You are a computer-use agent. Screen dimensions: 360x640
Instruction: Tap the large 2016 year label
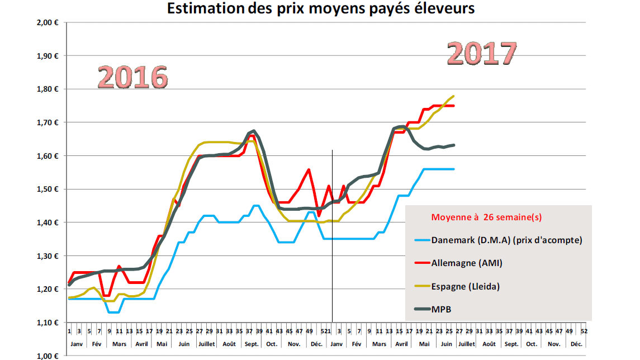tap(133, 77)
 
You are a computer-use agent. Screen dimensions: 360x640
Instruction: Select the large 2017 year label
tap(482, 54)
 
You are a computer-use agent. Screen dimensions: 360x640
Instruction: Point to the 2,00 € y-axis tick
tap(49, 23)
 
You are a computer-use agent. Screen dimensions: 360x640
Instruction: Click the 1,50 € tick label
tap(49, 190)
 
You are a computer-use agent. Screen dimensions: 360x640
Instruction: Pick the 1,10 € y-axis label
tap(49, 323)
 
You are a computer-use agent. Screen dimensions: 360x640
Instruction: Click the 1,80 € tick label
tap(49, 89)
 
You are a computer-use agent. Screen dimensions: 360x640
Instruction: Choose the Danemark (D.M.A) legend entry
tap(506, 240)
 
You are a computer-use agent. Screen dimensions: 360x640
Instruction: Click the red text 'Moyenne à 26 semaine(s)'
tap(486, 217)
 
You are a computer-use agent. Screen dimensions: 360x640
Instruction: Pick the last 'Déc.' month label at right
tap(576, 344)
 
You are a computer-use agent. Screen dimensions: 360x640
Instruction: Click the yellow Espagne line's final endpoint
tap(453, 96)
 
